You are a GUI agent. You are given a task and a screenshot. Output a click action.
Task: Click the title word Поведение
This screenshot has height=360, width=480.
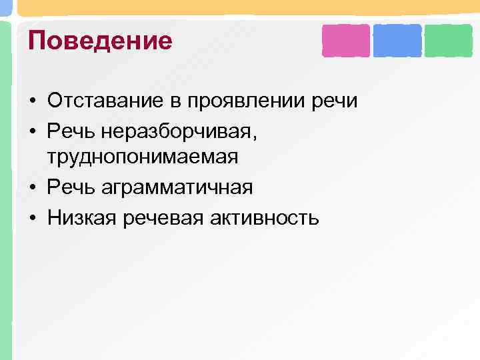(x=100, y=41)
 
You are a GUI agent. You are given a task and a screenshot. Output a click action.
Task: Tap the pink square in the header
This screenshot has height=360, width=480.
(x=345, y=40)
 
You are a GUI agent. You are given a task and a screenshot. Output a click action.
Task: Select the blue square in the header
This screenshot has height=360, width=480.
(x=397, y=40)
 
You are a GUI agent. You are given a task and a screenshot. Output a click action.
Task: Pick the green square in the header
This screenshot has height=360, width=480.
(x=448, y=40)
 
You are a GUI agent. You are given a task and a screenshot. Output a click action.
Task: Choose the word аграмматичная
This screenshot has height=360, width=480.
(x=177, y=187)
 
